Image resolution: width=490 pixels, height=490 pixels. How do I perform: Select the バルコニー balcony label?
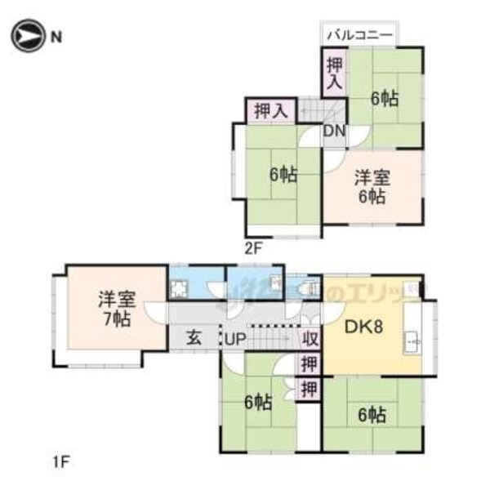pos(360,35)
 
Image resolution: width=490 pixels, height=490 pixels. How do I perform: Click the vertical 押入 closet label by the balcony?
pos(334,72)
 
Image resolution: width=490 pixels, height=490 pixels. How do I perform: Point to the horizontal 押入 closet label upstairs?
pos(269,110)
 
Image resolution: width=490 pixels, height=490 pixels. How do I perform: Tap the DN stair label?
pos(334,131)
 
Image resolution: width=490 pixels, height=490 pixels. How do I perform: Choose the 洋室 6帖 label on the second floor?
pos(372,186)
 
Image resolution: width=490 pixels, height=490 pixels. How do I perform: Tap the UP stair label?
pos(237,337)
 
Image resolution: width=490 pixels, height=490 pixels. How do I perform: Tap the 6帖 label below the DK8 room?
pos(372,414)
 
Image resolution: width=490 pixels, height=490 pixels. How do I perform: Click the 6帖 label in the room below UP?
pos(259,402)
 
